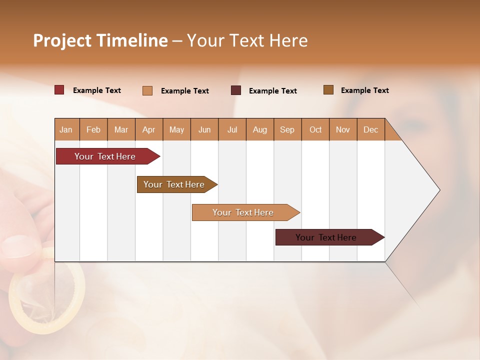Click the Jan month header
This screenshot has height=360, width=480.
(x=66, y=129)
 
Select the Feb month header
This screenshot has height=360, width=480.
(x=93, y=129)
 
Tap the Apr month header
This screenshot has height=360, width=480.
(x=148, y=129)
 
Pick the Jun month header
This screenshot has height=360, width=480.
(x=204, y=129)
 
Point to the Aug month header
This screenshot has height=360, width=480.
(x=259, y=129)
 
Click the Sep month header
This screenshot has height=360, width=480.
(x=287, y=129)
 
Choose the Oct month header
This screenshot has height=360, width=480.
(x=315, y=129)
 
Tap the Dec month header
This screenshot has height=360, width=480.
(x=370, y=129)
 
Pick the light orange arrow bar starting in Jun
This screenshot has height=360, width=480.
(x=244, y=212)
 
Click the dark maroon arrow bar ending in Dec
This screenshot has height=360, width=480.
(x=327, y=237)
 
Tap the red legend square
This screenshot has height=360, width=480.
(x=59, y=90)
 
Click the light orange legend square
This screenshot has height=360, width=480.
(x=147, y=90)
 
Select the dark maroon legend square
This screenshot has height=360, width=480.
(x=236, y=90)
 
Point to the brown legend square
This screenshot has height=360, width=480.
(x=328, y=90)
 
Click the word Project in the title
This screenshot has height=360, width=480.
(x=62, y=40)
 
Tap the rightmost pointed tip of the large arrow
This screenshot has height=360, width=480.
(x=439, y=190)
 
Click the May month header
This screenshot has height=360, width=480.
(x=176, y=129)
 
